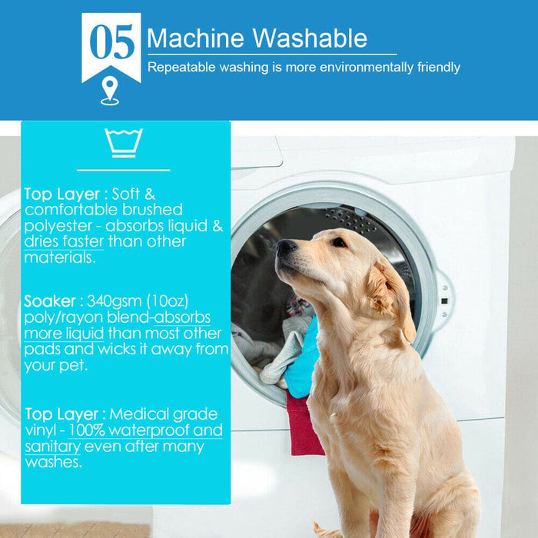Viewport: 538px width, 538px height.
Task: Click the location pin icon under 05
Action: [110, 91]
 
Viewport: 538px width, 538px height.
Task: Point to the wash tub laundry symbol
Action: [124, 143]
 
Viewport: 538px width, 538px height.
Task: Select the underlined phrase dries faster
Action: [63, 241]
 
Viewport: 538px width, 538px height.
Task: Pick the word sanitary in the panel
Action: [52, 447]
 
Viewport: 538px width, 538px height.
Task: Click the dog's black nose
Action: [286, 248]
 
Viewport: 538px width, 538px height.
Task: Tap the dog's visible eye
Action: [338, 242]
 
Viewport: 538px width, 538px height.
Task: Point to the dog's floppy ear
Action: [388, 296]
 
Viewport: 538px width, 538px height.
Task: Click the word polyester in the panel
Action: [60, 225]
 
